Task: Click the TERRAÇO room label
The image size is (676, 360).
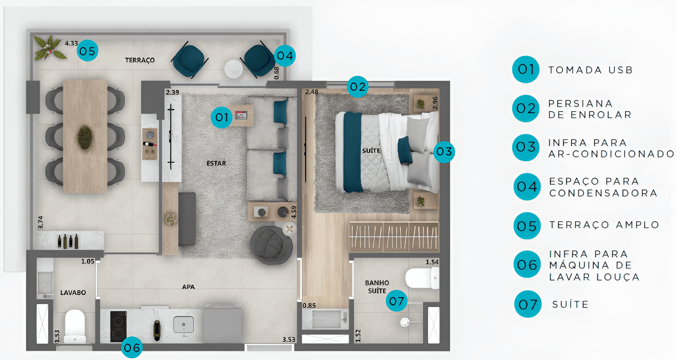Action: click(140, 60)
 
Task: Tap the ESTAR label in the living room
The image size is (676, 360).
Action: click(216, 163)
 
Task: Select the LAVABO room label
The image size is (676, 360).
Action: click(73, 292)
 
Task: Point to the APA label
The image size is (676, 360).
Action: click(188, 287)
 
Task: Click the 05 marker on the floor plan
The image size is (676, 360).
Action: click(87, 51)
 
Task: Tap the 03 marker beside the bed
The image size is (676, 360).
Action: click(444, 152)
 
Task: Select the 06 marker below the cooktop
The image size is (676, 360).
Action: click(132, 348)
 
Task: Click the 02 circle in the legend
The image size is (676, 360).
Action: click(526, 108)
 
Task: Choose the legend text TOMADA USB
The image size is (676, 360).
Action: click(590, 70)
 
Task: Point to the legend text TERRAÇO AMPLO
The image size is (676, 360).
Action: click(604, 225)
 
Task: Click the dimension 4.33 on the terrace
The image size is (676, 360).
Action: click(71, 43)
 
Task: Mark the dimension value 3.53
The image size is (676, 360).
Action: click(289, 340)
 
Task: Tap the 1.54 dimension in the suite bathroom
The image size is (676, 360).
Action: click(432, 262)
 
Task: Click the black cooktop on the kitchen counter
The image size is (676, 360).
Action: click(119, 327)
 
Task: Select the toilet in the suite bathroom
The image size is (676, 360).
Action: click(422, 278)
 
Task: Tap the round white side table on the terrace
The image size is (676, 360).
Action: click(234, 69)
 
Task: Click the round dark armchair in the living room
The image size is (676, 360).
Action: click(271, 245)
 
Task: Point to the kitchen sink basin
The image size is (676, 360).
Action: click(183, 325)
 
